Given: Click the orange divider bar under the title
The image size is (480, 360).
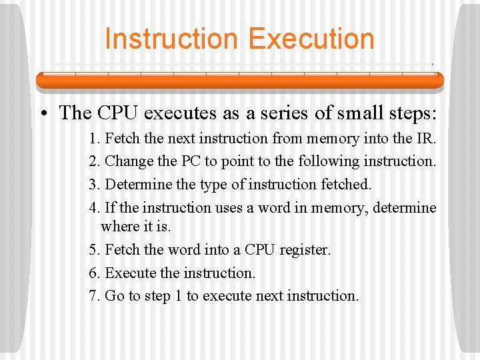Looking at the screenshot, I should point(239,80).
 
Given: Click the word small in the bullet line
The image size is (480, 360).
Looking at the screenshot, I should point(361,113).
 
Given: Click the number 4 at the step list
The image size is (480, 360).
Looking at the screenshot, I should point(93,207).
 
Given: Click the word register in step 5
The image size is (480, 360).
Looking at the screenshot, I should point(304,250).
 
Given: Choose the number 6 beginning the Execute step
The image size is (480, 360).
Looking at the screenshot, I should point(93,273).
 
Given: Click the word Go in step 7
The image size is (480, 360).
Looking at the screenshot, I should point(115,295).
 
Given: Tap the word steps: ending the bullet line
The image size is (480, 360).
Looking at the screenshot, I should point(412,113).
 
